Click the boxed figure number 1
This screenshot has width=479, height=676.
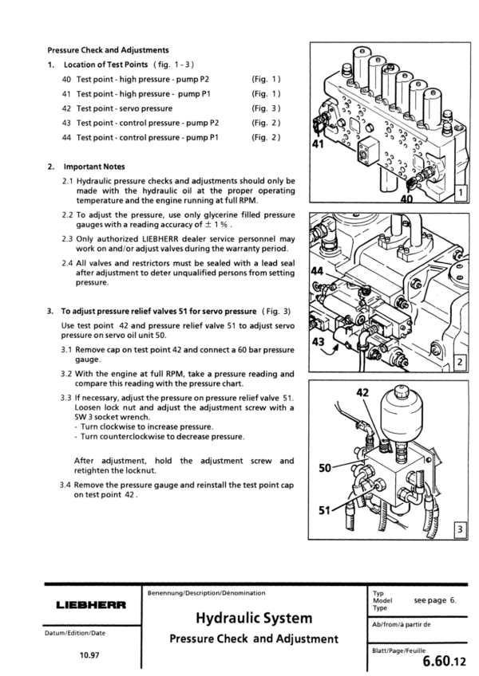pyautogui.click(x=460, y=195)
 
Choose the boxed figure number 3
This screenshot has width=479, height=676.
pyautogui.click(x=460, y=529)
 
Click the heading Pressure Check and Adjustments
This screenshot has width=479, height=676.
pyautogui.click(x=108, y=49)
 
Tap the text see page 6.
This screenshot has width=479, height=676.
pyautogui.click(x=434, y=599)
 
